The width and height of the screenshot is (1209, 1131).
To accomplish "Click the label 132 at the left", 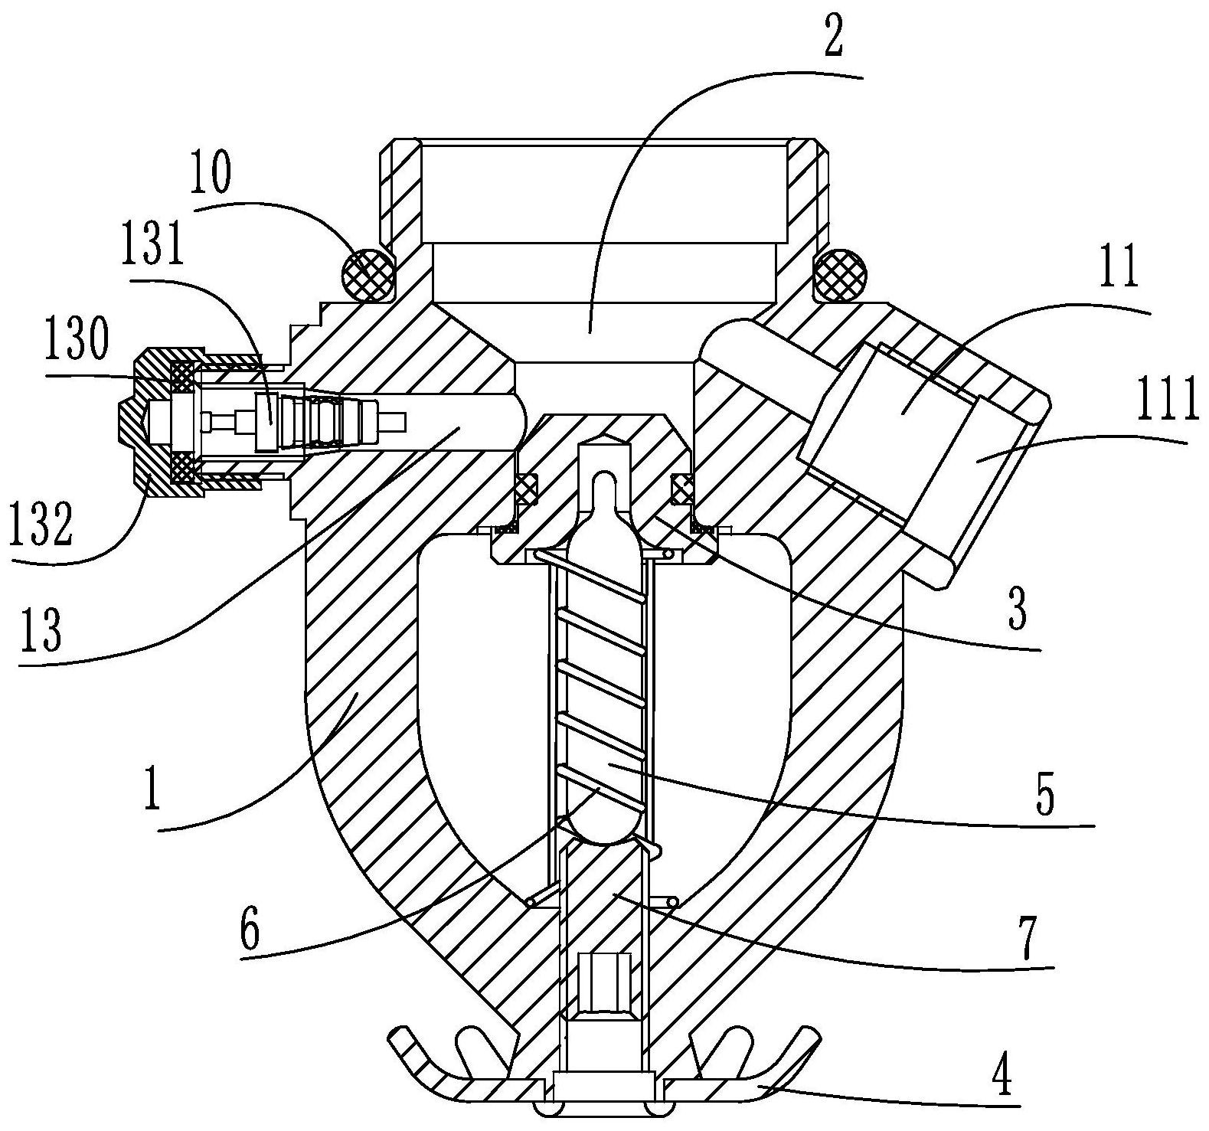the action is pyautogui.click(x=42, y=524).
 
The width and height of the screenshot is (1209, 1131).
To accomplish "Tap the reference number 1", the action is pyautogui.click(x=153, y=792).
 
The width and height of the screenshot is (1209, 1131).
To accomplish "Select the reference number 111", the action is pyautogui.click(x=1167, y=401).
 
